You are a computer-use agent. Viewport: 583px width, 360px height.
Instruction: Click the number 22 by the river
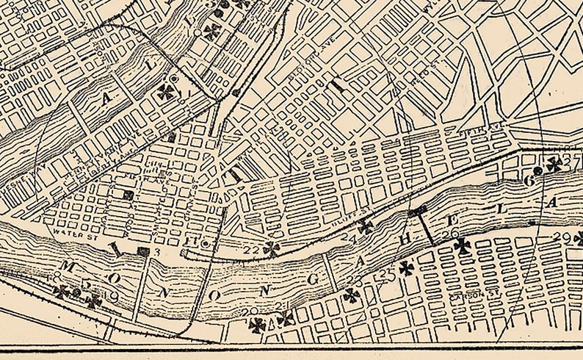click(x=252, y=251)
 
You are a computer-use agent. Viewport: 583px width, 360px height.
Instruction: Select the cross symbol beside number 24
click(x=365, y=227)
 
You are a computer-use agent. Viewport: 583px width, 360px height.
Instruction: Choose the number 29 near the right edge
click(x=564, y=237)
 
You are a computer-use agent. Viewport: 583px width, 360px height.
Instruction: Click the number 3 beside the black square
click(x=156, y=253)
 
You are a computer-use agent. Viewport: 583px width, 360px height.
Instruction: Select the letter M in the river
click(x=68, y=265)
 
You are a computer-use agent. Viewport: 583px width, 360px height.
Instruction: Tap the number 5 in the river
click(x=86, y=284)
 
